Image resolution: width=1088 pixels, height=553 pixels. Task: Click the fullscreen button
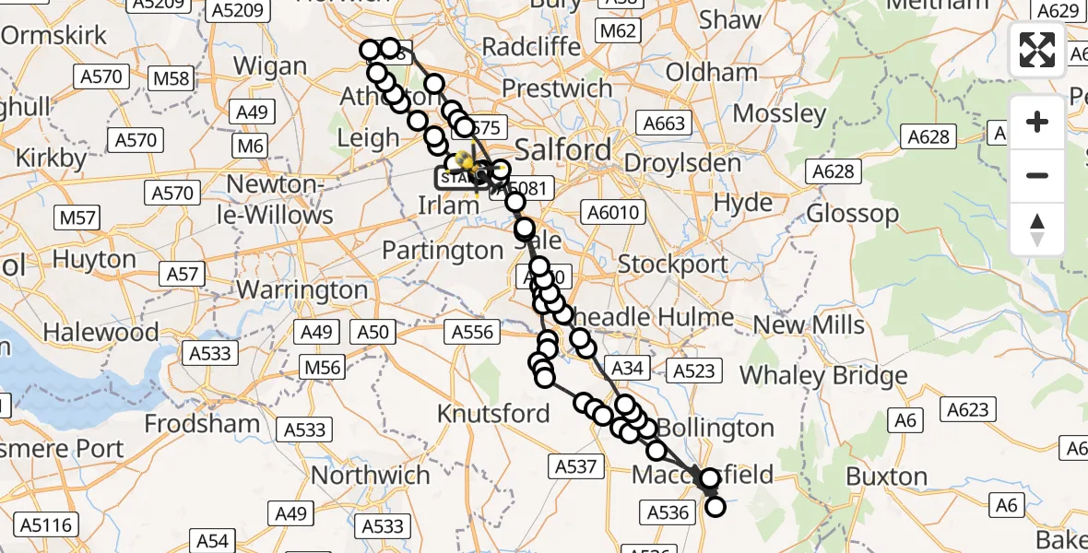pos(1037,50)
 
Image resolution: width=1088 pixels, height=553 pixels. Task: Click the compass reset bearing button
pos(1037,229)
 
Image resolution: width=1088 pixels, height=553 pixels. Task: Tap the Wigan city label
pos(270,66)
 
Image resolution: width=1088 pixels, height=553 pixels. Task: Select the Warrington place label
pos(302,289)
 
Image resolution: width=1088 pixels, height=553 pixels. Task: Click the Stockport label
pos(673,265)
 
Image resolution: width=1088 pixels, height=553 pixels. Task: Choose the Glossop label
pos(852,214)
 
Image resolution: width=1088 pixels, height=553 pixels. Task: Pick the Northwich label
pos(372,475)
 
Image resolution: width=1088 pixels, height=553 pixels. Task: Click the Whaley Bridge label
pos(823,375)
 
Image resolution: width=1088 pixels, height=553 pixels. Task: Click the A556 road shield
pos(472,332)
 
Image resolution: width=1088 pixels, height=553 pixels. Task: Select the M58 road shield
pos(171,78)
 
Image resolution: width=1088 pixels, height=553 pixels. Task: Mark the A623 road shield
pos(966,410)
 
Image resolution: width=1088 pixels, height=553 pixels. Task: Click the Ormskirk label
pos(54,36)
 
